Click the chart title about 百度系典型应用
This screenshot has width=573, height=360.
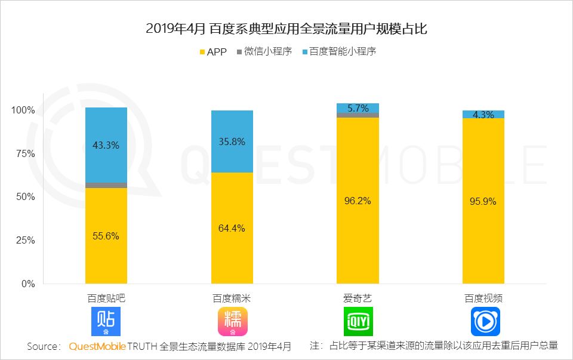(286, 29)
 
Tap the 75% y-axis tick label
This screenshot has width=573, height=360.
(26, 153)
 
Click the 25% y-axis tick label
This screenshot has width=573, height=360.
(26, 240)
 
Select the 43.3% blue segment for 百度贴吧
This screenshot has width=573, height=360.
(106, 145)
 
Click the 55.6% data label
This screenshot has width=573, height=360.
(106, 236)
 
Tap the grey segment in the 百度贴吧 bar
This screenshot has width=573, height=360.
(106, 185)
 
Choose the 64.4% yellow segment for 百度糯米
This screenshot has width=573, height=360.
(232, 228)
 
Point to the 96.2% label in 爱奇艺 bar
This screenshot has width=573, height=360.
(358, 201)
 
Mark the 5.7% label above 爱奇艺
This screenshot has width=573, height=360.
(358, 108)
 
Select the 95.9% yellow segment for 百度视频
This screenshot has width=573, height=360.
(483, 201)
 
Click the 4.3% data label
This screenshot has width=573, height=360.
(483, 115)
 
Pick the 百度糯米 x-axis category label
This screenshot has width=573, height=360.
(232, 298)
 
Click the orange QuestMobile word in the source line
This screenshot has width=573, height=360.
(97, 346)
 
